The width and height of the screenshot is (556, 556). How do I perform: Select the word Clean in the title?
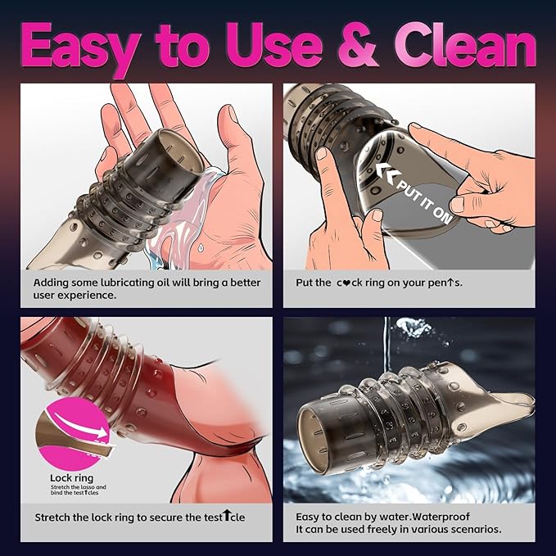tap(464, 45)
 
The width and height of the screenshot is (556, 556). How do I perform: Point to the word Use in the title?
tap(273, 45)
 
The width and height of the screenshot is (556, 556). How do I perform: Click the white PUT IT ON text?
tap(424, 201)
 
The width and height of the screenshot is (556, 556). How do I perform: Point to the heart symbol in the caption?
tap(348, 283)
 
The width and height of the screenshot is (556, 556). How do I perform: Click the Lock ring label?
tap(71, 478)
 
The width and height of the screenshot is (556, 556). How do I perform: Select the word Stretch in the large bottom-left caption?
tap(52, 518)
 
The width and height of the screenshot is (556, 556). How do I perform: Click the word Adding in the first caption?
tap(51, 283)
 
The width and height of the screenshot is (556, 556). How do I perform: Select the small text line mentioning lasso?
tap(79, 487)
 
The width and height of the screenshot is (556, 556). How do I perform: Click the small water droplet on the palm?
tap(201, 246)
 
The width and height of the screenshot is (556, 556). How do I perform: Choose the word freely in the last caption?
tap(385, 530)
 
